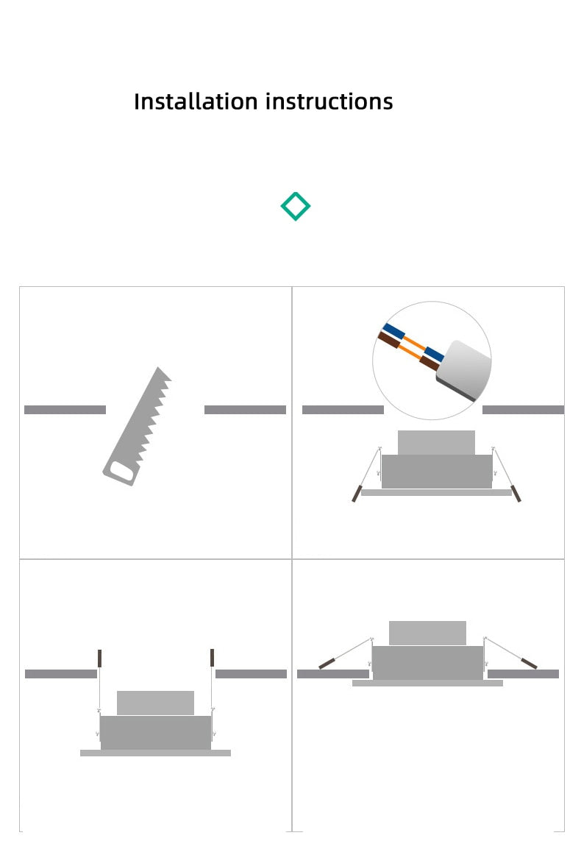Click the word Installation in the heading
(x=196, y=102)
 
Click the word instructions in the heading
(x=329, y=102)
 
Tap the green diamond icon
(x=296, y=207)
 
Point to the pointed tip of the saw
(x=159, y=367)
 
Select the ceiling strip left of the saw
(x=65, y=410)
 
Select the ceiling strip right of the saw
(x=245, y=410)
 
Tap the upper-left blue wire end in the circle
(x=393, y=332)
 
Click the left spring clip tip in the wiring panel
(x=357, y=493)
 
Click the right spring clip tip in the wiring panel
(x=516, y=493)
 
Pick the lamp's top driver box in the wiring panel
(x=436, y=442)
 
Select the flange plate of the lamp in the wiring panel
(x=436, y=493)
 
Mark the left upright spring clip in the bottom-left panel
(x=100, y=658)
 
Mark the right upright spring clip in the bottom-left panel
(x=212, y=658)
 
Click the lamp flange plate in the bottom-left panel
(x=155, y=753)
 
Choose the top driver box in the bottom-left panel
(x=155, y=703)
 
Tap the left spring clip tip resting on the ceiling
(x=327, y=664)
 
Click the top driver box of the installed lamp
(x=427, y=633)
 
